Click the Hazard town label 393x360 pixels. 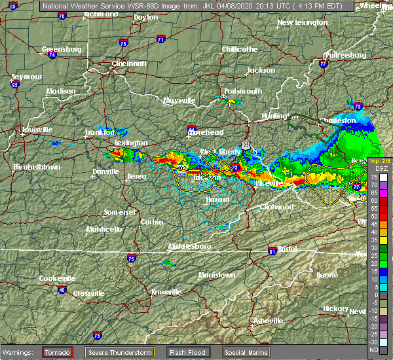point(217,198)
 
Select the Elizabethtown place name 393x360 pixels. point(37,167)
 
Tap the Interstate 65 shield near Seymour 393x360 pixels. point(14,84)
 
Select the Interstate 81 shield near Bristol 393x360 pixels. point(271,251)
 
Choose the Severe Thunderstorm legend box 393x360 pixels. point(120,352)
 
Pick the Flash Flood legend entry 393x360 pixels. point(188,352)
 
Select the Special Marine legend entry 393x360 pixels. point(248,352)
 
